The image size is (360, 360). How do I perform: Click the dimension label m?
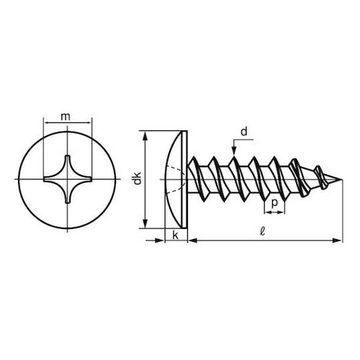click(x=66, y=117)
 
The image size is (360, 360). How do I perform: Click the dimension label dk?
click(x=138, y=179)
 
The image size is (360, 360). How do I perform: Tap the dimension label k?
click(x=176, y=235)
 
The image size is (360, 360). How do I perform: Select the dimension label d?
click(x=244, y=132)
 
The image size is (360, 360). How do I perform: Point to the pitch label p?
click(x=274, y=203)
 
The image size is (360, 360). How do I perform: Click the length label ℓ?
click(x=263, y=231)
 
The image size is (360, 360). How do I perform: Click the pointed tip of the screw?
click(x=342, y=179)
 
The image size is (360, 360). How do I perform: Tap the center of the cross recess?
click(x=68, y=179)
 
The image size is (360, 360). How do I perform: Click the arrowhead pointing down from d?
click(x=234, y=153)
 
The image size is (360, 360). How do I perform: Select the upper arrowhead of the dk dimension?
click(x=145, y=135)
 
